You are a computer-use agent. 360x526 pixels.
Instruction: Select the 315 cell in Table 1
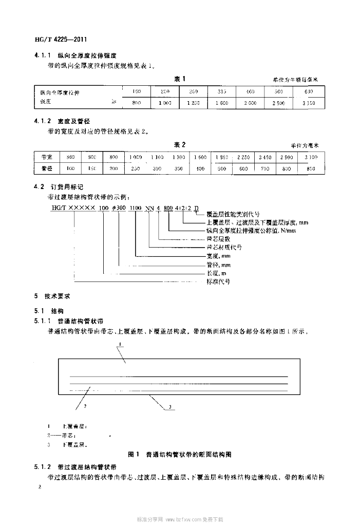click(x=221, y=91)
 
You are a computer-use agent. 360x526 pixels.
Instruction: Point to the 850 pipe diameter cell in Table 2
click(x=311, y=168)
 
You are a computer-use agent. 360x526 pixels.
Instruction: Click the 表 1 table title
click(x=179, y=79)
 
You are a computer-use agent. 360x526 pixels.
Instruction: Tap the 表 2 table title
click(x=179, y=144)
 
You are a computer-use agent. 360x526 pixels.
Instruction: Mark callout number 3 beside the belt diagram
click(x=168, y=407)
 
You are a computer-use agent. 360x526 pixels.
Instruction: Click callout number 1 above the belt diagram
click(x=119, y=344)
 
